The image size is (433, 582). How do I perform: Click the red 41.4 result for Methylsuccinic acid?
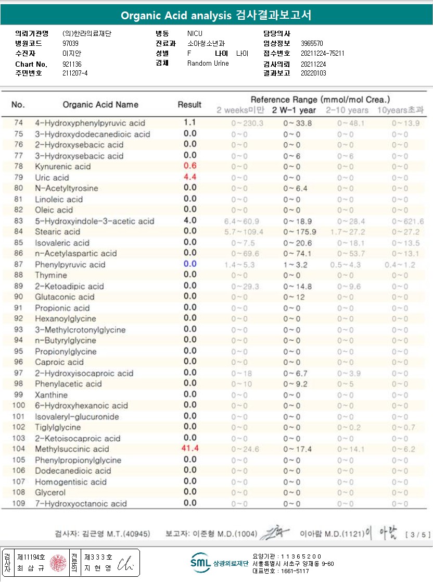190,448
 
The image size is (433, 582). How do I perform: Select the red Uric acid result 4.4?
190,177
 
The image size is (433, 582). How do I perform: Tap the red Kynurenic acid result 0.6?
190,166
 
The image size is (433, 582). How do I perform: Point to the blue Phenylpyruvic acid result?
190,264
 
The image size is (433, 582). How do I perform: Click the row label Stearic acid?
58,231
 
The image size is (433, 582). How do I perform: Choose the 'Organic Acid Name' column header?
100,104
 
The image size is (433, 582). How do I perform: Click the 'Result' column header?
189,104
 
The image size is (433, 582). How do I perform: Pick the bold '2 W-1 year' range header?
294,110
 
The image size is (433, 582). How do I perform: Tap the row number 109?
19,503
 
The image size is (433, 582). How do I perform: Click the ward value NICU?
195,33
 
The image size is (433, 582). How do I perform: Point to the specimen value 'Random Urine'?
208,64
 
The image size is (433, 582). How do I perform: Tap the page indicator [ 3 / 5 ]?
414,534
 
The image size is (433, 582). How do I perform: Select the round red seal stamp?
58,563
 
